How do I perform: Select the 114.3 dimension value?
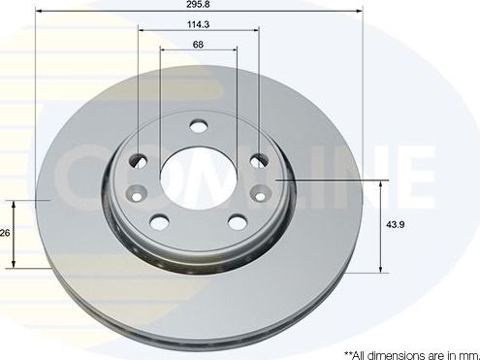click(198, 24)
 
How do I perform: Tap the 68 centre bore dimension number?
click(198, 46)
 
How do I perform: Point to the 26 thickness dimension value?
click(5, 233)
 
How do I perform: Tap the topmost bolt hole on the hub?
click(199, 126)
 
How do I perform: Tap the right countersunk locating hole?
click(261, 191)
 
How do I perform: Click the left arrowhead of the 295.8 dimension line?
click(40, 14)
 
